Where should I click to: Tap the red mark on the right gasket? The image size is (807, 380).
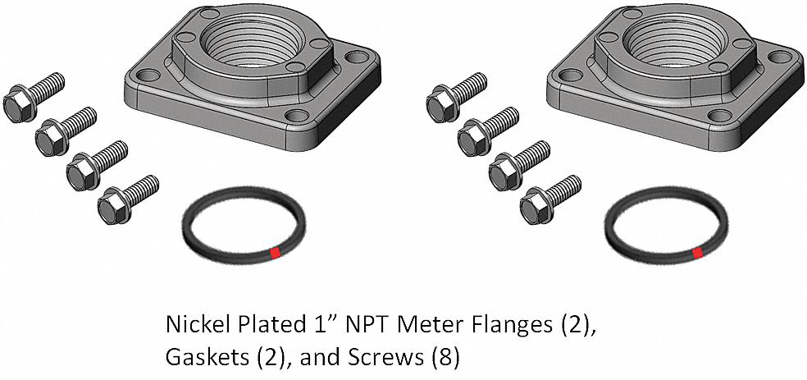(698, 253)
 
